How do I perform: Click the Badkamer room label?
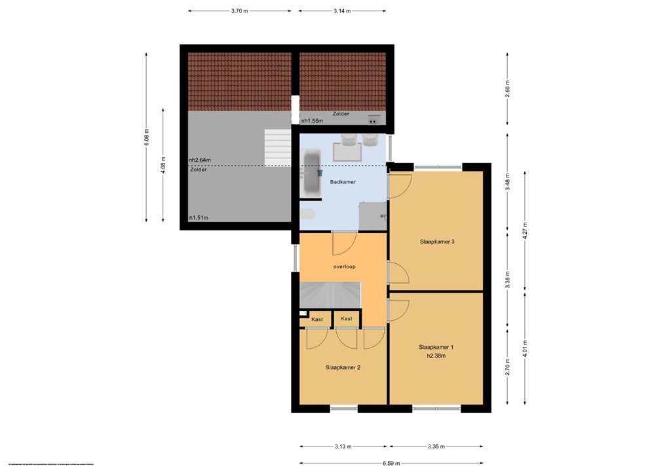[343, 182]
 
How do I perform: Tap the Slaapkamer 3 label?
[437, 242]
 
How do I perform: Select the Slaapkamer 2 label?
[343, 367]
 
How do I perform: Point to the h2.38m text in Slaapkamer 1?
[436, 356]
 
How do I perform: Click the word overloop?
[344, 267]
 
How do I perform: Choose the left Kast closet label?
[317, 319]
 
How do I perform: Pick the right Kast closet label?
[347, 319]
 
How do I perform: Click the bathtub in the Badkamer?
[311, 173]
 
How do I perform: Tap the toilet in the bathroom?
[307, 215]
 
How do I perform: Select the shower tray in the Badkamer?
[372, 215]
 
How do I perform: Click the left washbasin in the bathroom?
[347, 139]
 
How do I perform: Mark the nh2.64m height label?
[201, 160]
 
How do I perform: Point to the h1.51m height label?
[199, 218]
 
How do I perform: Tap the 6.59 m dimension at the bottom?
[391, 463]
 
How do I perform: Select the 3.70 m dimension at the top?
[240, 11]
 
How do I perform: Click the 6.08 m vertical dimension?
[147, 137]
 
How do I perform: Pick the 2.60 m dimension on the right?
[507, 88]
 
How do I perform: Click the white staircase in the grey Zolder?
[277, 147]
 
